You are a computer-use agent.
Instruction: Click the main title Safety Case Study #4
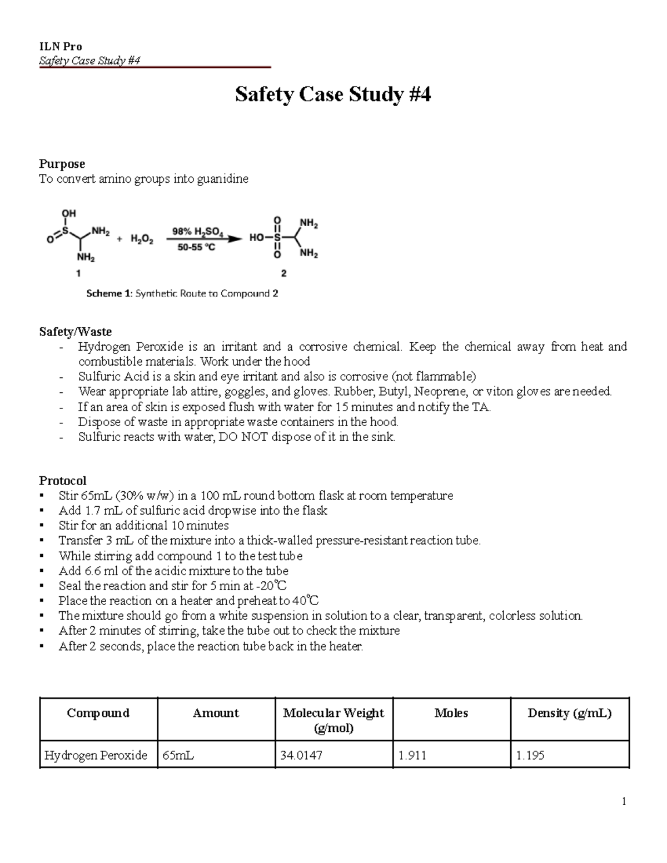point(332,94)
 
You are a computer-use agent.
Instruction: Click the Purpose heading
point(62,164)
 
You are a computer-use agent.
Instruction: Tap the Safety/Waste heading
point(75,332)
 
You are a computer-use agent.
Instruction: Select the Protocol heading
point(62,481)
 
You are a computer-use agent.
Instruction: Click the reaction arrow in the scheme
point(206,240)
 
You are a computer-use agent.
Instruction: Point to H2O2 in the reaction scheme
point(142,240)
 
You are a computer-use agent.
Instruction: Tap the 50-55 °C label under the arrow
point(196,248)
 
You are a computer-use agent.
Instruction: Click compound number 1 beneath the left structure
point(78,273)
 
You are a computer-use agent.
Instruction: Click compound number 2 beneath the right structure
point(284,273)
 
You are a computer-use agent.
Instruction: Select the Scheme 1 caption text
point(182,293)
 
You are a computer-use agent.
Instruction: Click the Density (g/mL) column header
point(569,713)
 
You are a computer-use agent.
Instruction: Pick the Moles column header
point(451,713)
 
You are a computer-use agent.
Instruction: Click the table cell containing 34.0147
point(302,755)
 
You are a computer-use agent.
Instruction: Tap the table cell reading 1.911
point(412,755)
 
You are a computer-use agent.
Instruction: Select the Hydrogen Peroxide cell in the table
point(96,755)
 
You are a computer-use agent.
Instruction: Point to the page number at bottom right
point(624,801)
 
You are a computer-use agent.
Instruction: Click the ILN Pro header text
point(60,47)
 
